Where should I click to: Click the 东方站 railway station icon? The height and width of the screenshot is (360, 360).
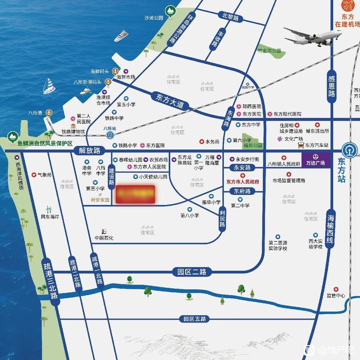[x=348, y=149]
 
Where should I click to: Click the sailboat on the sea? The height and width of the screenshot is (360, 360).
[x=48, y=86]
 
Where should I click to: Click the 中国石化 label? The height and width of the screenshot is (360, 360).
[x=104, y=237]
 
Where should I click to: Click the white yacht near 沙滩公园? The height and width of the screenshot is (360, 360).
[x=121, y=36]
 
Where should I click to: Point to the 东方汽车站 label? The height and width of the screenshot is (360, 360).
[x=317, y=145]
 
